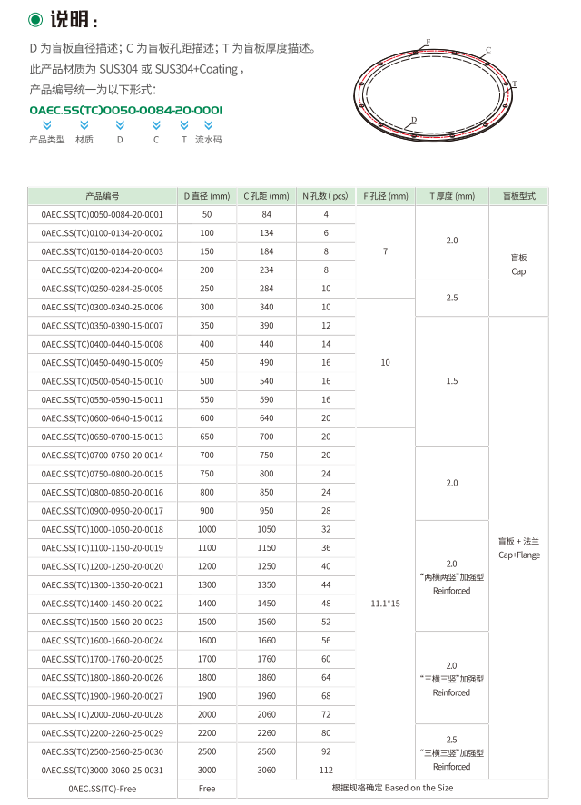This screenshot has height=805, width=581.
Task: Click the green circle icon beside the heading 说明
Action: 35,19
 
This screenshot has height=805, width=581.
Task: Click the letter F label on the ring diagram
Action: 428,43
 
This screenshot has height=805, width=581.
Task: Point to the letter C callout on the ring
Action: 487,51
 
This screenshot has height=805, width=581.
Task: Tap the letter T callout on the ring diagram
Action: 514,83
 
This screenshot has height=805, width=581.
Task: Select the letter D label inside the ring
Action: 413,120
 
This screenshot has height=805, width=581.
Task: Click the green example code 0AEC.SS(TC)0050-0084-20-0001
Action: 125,110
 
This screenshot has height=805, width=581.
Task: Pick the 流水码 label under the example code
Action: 208,140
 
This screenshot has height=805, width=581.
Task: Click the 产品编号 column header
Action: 103,196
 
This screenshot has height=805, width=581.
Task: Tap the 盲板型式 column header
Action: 518,196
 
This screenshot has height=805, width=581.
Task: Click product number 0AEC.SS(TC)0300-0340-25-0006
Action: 103,307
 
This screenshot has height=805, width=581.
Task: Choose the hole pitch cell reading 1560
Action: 266,622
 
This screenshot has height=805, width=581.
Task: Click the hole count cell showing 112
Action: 326,770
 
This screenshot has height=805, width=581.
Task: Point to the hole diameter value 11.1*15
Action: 385,603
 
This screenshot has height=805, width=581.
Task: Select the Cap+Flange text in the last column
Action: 518,555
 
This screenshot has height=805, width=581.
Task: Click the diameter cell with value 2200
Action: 207,732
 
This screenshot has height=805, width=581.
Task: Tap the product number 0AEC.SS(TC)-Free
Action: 103,789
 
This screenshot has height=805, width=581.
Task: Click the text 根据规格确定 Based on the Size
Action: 392,789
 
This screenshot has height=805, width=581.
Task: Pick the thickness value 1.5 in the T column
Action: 452,381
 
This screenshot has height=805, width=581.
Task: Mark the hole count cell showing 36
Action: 326,547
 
